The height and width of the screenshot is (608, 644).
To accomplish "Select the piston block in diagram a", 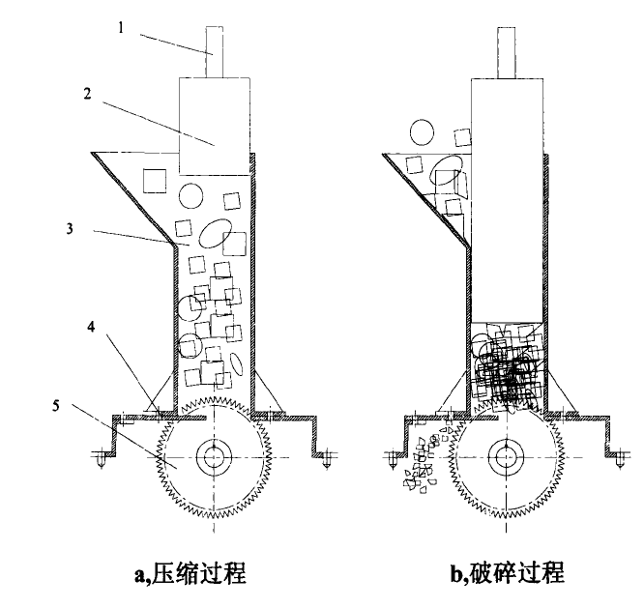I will point(215,127).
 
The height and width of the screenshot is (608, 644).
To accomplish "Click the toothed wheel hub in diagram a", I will point(215,456).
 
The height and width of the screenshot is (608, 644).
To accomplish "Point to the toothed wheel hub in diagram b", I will point(505,456).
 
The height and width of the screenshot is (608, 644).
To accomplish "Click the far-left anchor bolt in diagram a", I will point(100,455).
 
